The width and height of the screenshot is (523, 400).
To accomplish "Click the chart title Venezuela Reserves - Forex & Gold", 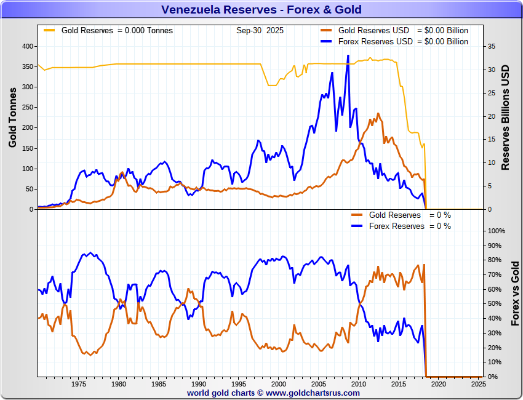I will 261,9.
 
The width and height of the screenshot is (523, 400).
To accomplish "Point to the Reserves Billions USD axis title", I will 506,117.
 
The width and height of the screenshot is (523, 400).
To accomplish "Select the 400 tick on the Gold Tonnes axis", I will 27,46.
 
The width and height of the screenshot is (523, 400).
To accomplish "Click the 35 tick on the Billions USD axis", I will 491,46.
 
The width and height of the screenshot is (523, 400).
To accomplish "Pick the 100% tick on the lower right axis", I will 496,231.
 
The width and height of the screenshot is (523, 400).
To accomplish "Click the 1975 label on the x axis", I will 78,384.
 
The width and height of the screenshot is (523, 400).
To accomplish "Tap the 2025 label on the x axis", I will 478,384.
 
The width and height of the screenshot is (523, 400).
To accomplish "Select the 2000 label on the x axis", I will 278,384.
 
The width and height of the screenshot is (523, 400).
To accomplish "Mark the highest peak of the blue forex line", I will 348,56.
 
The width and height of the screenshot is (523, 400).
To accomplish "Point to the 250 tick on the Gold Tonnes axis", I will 27,107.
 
